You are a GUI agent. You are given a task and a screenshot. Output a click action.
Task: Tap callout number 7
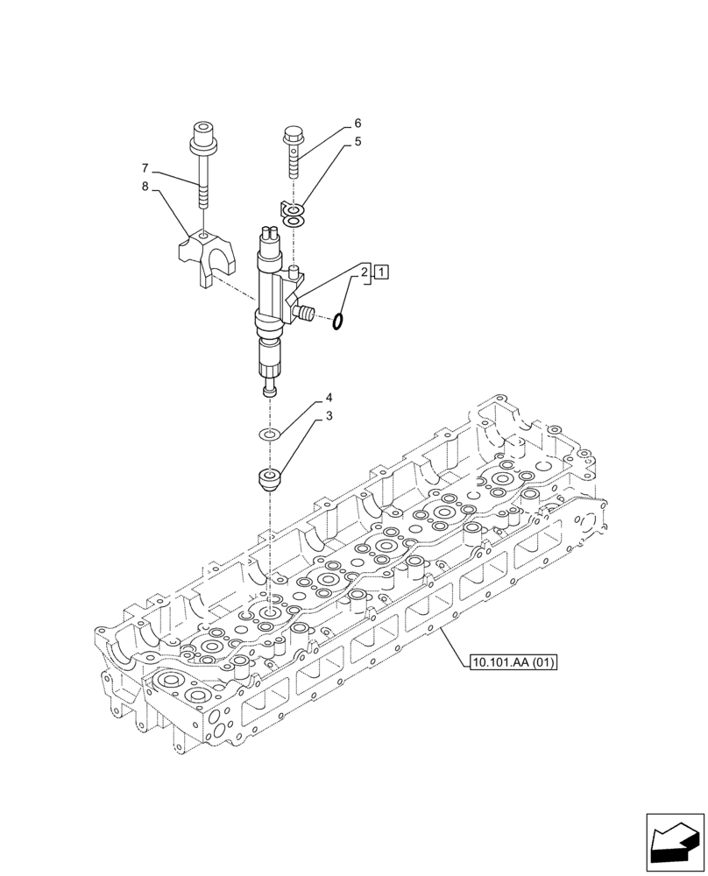pos(145,167)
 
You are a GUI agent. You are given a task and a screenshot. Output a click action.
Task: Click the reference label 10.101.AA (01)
pos(513,661)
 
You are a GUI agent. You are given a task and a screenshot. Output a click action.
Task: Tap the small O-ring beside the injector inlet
pos(337,323)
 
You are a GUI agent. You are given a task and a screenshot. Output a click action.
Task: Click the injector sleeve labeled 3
pos(269,479)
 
